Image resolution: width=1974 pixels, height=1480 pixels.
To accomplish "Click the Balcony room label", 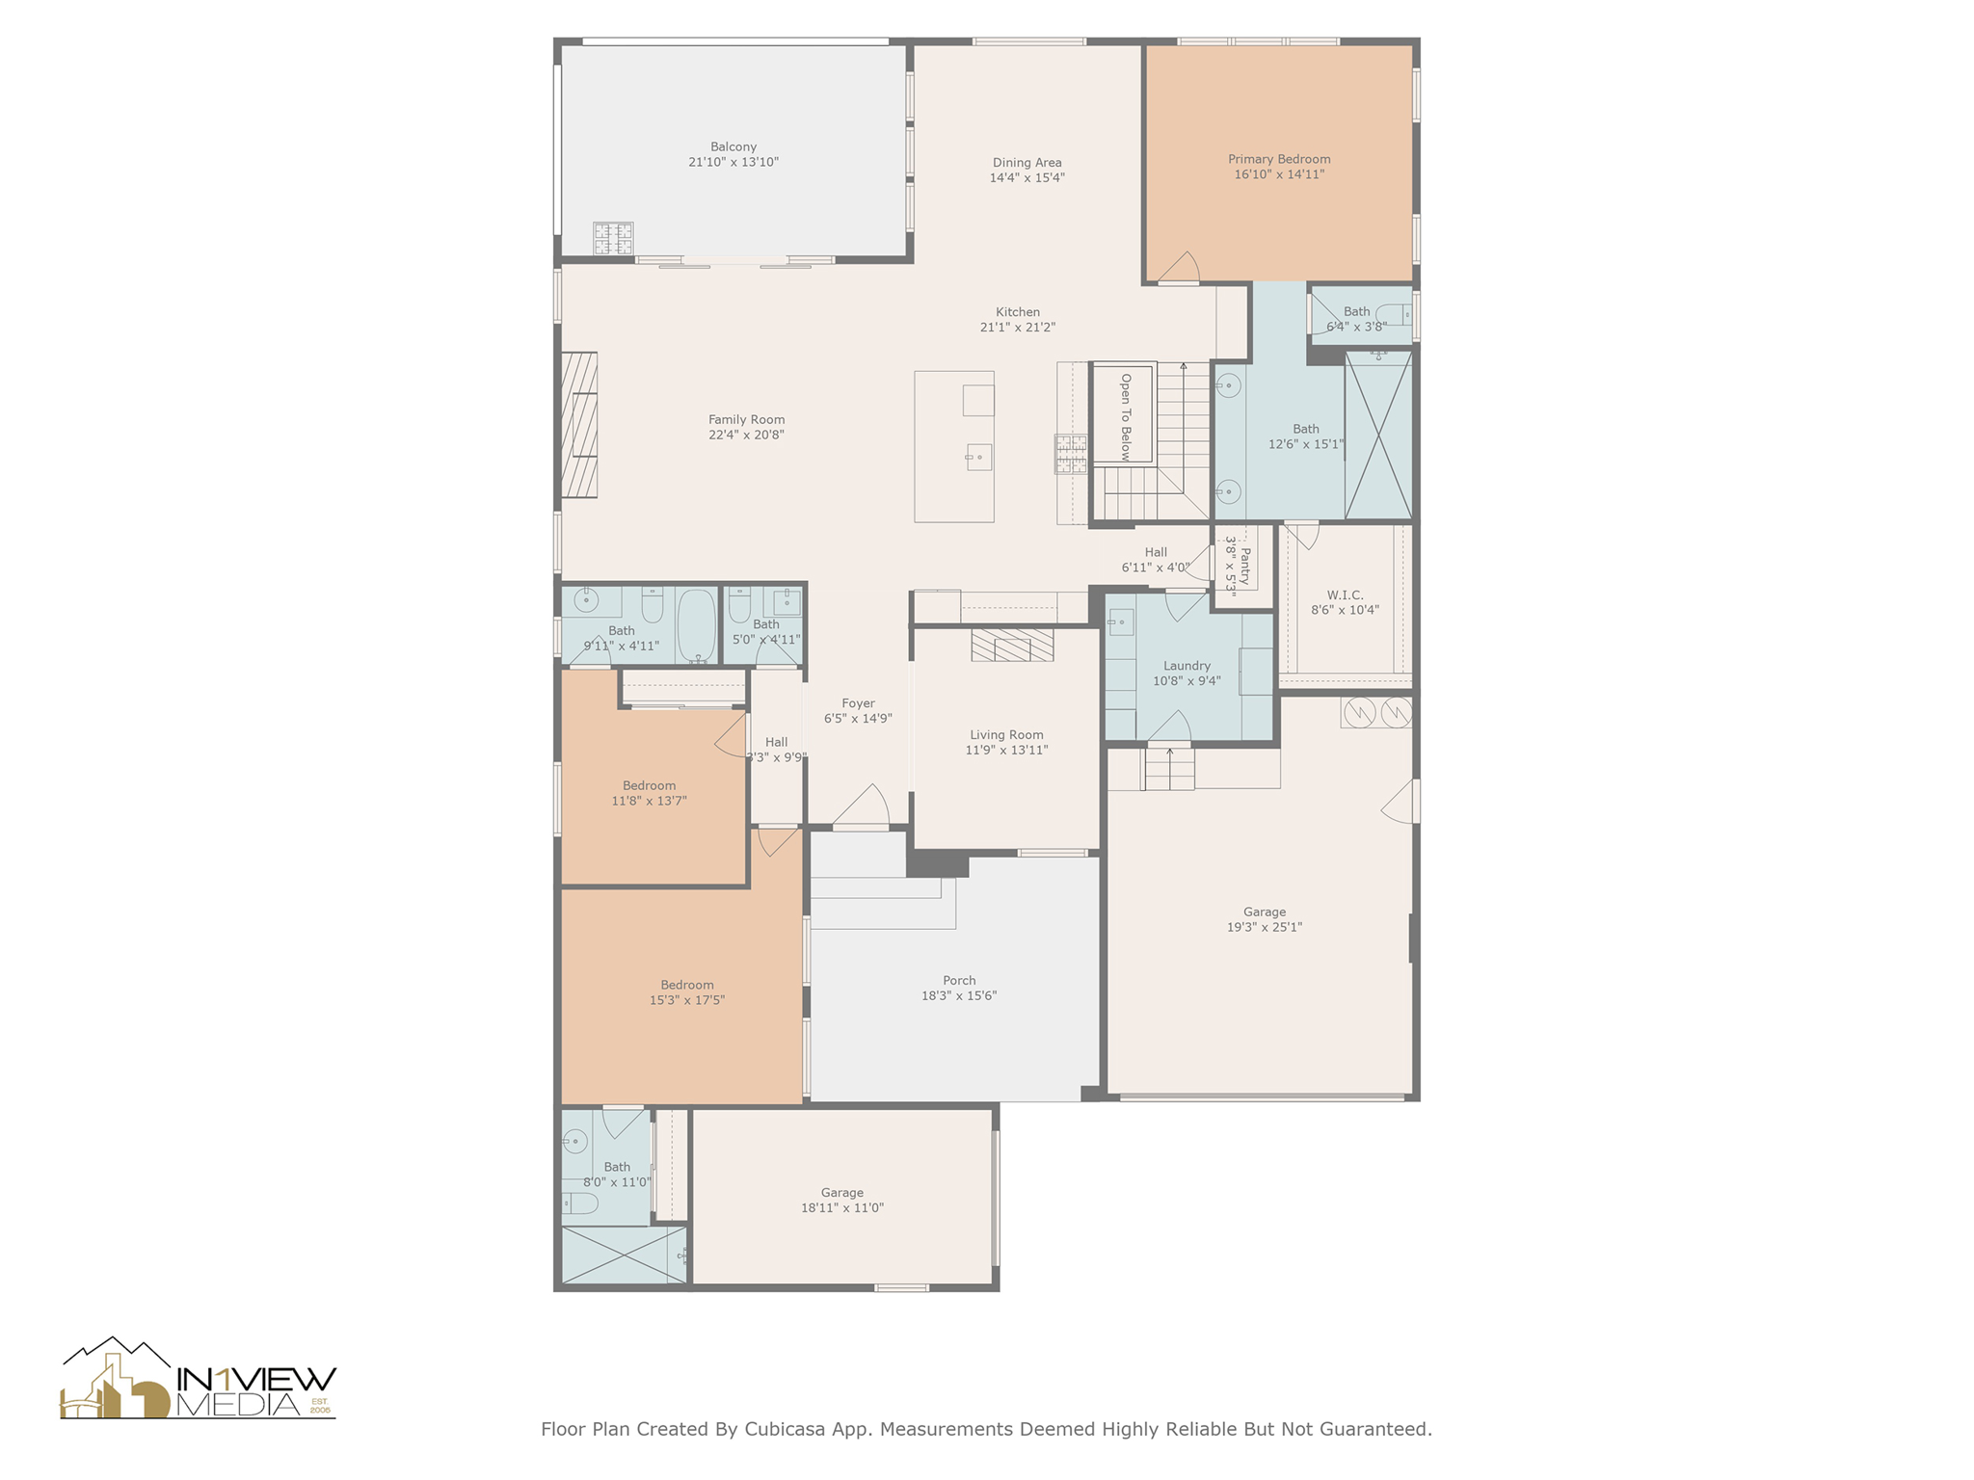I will pos(733,147).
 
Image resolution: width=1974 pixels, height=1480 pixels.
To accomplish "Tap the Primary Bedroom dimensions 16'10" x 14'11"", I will pos(1279,174).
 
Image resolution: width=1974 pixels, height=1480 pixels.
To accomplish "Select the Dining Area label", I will pos(1027,163).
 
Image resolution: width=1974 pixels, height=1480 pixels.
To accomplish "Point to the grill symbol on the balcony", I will pos(613,238).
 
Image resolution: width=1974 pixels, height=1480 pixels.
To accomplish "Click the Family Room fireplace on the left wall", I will pos(579,425).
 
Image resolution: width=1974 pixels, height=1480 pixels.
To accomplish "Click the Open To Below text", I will pos(1125,416).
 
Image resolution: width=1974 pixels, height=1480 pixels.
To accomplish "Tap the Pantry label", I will pos(1244,567).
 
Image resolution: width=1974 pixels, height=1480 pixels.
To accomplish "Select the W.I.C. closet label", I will pos(1345,595).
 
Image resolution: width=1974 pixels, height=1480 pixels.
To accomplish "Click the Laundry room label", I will pos(1187,666).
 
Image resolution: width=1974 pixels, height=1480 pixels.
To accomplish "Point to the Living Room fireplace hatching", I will pos(1012,646).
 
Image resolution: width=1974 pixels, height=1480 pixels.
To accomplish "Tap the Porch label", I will pos(959,981).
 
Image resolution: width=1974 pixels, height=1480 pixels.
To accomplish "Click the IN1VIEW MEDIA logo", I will pos(199,1380).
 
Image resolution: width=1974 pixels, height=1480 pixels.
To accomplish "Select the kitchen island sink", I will pos(978,457).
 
